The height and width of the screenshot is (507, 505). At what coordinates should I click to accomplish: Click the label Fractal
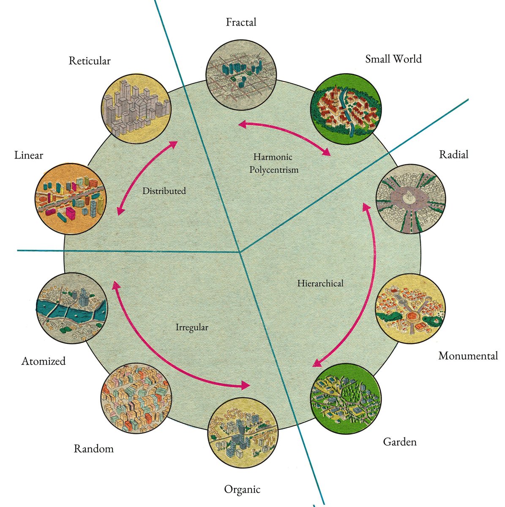[241, 22]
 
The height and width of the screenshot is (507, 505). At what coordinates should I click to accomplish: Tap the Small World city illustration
[346, 109]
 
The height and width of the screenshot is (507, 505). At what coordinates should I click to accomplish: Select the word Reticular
[90, 61]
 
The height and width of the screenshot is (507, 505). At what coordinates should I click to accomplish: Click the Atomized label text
[44, 361]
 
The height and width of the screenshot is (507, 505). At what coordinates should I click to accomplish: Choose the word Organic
[242, 489]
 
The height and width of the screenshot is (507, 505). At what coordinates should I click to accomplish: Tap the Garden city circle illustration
[346, 399]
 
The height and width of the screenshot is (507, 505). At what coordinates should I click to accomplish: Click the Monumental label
[468, 356]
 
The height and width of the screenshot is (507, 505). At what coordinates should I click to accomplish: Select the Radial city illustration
[411, 199]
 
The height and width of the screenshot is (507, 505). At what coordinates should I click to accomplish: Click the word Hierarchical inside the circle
[320, 283]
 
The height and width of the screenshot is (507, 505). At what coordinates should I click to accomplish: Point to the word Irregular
[192, 327]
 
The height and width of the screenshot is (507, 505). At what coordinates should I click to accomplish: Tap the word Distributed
[164, 191]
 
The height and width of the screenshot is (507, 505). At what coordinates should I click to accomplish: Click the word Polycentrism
[274, 170]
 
